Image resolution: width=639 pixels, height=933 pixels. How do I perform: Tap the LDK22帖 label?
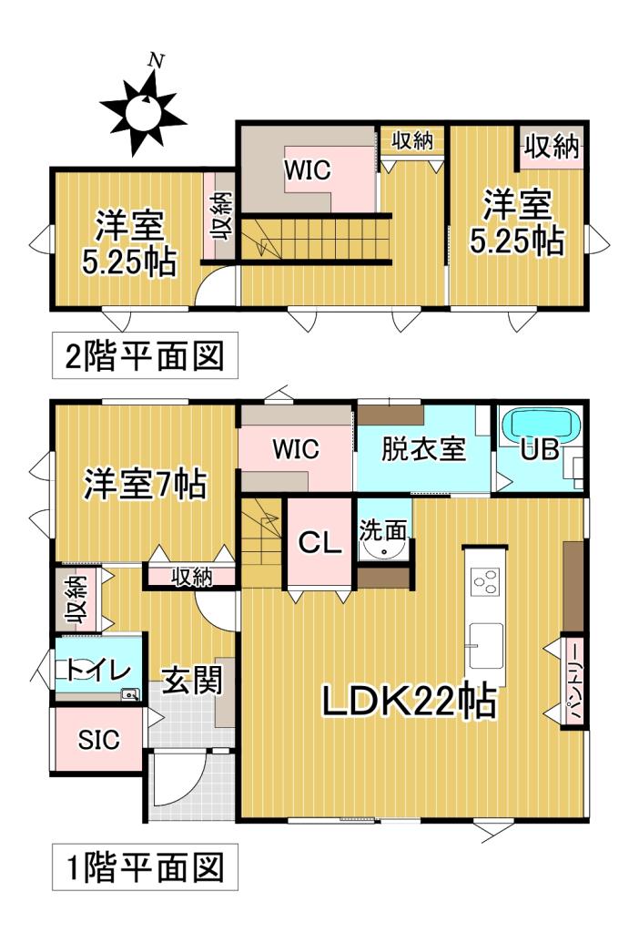click(x=407, y=702)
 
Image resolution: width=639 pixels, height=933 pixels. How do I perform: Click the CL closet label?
click(x=319, y=543)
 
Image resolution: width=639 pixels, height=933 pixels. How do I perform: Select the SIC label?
click(x=97, y=741)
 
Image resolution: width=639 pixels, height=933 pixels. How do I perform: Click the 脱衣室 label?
click(x=423, y=449)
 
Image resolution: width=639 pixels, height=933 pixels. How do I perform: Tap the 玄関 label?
click(x=192, y=679)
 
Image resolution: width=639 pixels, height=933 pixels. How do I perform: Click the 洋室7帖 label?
click(x=144, y=483)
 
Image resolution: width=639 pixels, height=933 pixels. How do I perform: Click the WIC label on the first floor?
click(x=295, y=449)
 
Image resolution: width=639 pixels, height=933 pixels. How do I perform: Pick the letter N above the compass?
click(x=156, y=62)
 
